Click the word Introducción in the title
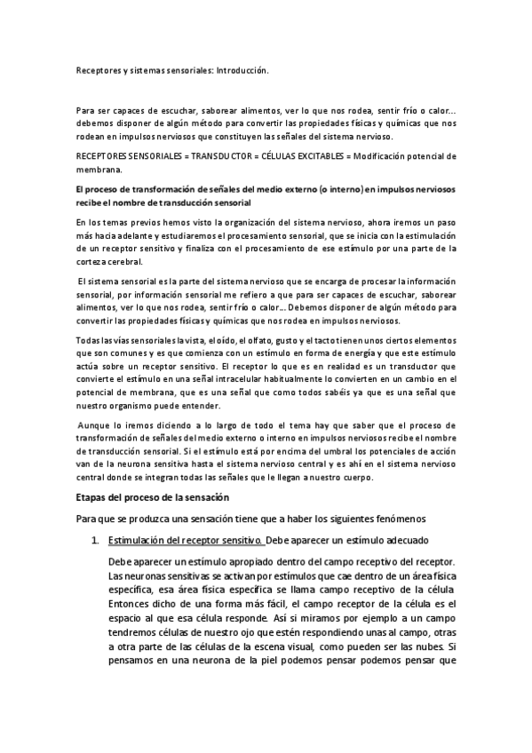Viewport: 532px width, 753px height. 241,68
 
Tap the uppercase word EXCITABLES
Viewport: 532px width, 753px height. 310,156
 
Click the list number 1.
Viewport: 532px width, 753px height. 95,540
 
